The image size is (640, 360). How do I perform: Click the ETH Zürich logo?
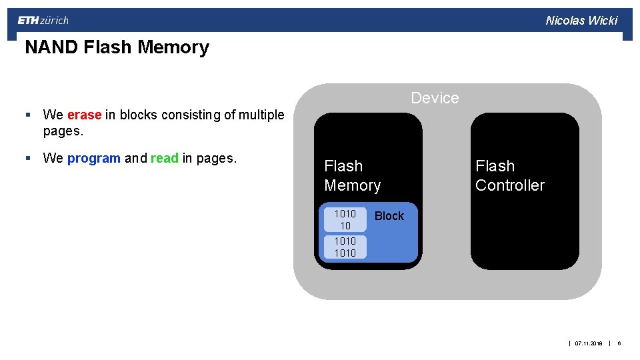click(x=43, y=21)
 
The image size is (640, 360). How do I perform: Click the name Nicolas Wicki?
click(x=581, y=21)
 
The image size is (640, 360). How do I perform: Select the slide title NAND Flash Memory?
click(x=117, y=47)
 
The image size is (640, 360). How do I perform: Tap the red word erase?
click(x=84, y=115)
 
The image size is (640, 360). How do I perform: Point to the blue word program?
click(x=93, y=159)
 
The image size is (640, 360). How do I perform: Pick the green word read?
click(x=164, y=159)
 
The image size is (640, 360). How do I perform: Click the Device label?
click(x=435, y=98)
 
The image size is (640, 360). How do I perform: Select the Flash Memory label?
click(x=352, y=175)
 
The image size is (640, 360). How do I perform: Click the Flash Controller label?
click(x=509, y=175)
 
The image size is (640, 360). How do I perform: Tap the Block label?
click(x=389, y=216)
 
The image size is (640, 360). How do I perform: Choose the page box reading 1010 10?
click(x=345, y=220)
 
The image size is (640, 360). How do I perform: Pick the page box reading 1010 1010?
click(x=345, y=247)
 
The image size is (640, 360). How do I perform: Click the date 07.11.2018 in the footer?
click(x=588, y=343)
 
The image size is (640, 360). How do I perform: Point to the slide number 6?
click(x=619, y=343)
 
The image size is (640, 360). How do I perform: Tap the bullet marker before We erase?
click(x=27, y=115)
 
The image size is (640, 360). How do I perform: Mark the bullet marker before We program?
click(x=27, y=159)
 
